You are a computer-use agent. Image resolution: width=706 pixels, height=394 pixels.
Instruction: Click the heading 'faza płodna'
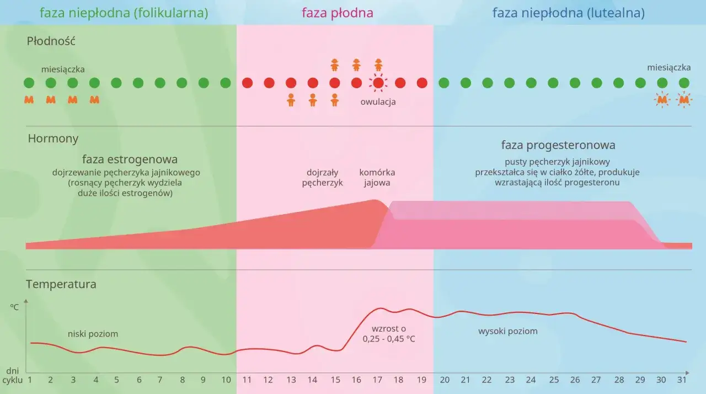337,13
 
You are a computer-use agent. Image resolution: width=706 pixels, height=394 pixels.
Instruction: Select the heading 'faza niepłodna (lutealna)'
568,13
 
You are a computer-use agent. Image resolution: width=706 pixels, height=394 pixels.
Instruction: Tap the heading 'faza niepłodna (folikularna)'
124,13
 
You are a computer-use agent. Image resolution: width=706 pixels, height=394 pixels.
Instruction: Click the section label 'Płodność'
51,41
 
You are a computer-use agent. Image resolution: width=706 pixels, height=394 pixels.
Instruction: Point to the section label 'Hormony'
53,139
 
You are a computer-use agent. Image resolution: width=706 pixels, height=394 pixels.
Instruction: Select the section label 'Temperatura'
61,284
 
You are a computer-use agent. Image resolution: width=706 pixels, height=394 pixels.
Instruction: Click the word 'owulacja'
378,102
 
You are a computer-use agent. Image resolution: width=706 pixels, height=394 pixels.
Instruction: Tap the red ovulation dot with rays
378,83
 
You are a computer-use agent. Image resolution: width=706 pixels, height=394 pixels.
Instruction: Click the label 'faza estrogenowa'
130,159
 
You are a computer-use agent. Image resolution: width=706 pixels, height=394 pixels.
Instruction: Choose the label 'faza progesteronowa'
558,145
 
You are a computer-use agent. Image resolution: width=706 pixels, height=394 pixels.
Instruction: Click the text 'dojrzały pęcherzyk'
323,177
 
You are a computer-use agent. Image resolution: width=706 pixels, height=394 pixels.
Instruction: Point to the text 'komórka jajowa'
377,177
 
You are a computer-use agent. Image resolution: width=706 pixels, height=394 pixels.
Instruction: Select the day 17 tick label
378,380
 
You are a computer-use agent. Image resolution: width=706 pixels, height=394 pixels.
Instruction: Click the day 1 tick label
29,380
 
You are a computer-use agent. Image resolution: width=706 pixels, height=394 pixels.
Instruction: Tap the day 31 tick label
682,380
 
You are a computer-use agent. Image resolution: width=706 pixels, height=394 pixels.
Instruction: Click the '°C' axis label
14,307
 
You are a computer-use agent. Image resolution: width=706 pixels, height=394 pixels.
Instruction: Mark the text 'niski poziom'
93,334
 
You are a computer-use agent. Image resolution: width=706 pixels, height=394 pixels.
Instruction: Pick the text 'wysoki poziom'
507,331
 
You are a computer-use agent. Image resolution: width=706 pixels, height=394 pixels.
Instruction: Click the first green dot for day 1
29,83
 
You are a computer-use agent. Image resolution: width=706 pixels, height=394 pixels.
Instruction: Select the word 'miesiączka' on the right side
669,67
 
